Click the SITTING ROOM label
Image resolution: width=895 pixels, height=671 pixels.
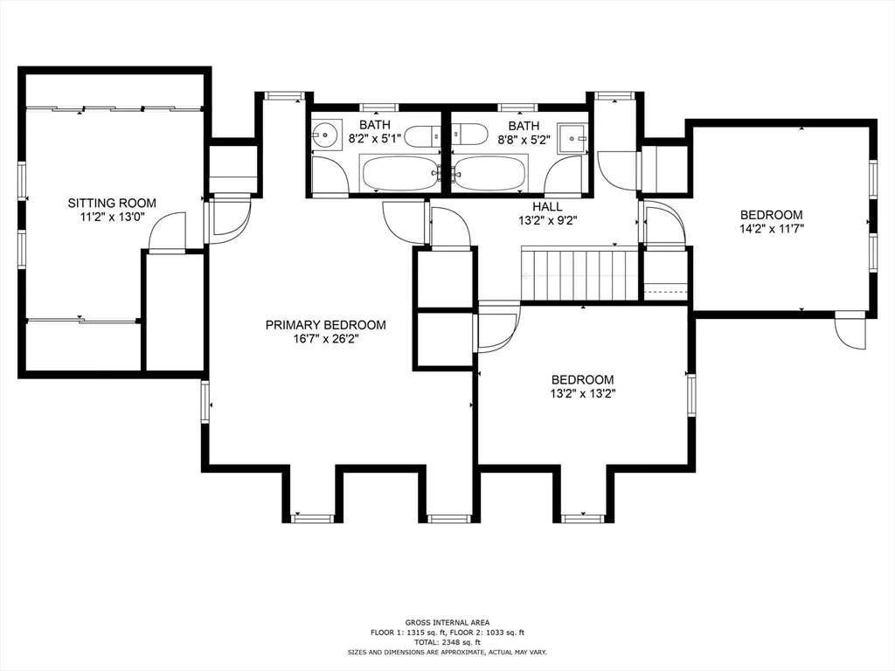[x=112, y=204]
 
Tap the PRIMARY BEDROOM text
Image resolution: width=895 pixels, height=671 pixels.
[x=325, y=325]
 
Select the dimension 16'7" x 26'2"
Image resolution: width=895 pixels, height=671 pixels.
[x=325, y=339]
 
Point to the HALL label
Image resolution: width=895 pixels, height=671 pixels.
[x=547, y=206]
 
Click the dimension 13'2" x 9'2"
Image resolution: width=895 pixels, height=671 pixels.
[x=547, y=220]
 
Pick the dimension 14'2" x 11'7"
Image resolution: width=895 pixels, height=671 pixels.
[x=771, y=229]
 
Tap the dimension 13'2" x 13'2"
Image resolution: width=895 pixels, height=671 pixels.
[x=582, y=394]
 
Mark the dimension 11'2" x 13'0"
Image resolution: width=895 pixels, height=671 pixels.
[x=112, y=218]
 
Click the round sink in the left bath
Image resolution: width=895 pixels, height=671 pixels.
[x=324, y=135]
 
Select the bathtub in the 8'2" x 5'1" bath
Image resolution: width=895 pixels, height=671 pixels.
[x=399, y=174]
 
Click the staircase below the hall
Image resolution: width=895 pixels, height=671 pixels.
[x=579, y=275]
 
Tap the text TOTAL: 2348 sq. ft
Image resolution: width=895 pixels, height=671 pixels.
[x=447, y=641]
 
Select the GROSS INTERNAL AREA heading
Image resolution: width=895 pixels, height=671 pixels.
[x=447, y=621]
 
